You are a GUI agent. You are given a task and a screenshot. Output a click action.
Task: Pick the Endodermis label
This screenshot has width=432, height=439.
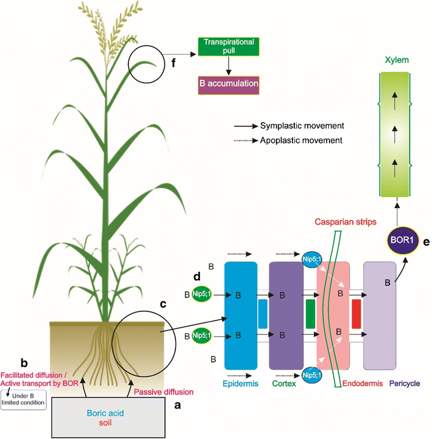(x=334, y=384)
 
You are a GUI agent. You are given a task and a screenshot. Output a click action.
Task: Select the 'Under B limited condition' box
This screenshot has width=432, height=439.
(x=24, y=401)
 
